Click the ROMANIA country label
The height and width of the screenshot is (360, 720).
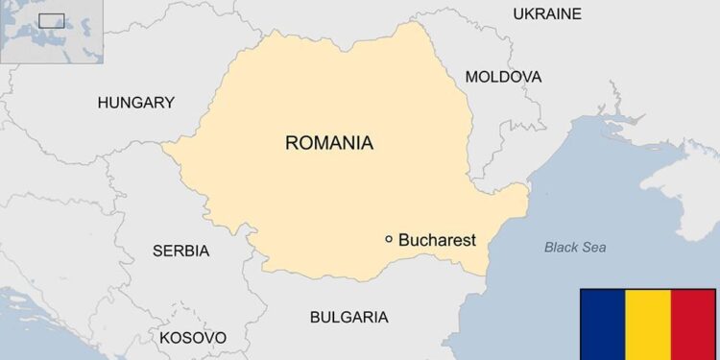(x=329, y=143)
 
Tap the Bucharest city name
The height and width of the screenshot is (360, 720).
(x=437, y=240)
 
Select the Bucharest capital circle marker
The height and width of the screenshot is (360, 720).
(x=389, y=239)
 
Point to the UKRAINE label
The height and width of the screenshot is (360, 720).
(x=547, y=13)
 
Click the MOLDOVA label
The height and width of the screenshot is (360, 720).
(x=503, y=77)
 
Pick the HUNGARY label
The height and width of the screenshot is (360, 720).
(x=136, y=102)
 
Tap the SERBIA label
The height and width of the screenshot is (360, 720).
(x=180, y=251)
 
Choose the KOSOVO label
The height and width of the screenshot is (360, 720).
(x=193, y=338)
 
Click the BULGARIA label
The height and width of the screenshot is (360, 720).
(x=348, y=317)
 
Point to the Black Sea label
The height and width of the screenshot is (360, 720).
(x=575, y=248)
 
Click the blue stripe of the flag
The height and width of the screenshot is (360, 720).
(x=602, y=324)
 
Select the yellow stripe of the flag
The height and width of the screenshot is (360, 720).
(x=647, y=324)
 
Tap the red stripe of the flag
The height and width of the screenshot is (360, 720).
(x=693, y=324)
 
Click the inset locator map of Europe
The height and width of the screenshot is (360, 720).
(x=38, y=31)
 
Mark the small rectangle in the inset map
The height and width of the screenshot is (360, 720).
(x=51, y=20)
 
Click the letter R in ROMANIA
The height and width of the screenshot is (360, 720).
(x=292, y=143)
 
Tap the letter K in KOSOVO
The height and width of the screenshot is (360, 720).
(x=165, y=338)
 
